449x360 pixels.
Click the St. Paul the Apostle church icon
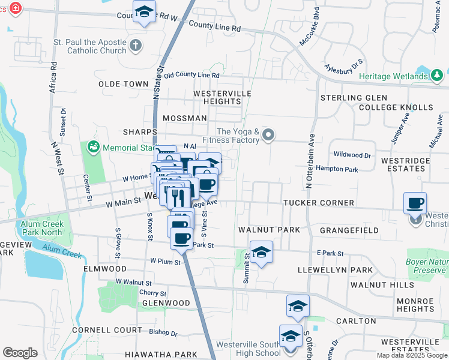click(136, 45)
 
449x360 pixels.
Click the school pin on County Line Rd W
click(144, 12)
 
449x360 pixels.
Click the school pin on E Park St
click(261, 253)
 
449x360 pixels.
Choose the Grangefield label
click(349, 230)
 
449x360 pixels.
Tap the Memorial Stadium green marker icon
click(93, 146)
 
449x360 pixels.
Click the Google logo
click(20, 353)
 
